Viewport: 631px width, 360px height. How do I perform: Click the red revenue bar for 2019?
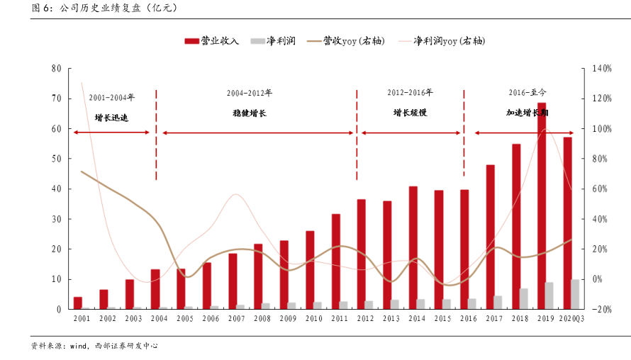[542, 206]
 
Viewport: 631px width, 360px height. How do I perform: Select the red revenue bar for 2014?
[413, 247]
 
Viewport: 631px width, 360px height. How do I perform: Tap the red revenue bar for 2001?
[78, 303]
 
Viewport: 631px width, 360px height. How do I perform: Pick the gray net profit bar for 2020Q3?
[575, 294]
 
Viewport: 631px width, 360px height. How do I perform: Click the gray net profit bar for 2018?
[524, 298]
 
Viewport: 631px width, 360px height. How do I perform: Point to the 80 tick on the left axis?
[56, 69]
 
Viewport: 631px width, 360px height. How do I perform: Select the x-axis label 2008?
[262, 320]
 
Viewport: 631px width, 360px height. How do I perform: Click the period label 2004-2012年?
[250, 93]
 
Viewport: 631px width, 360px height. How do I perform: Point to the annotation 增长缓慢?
[410, 113]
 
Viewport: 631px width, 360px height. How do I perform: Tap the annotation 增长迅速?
[111, 118]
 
